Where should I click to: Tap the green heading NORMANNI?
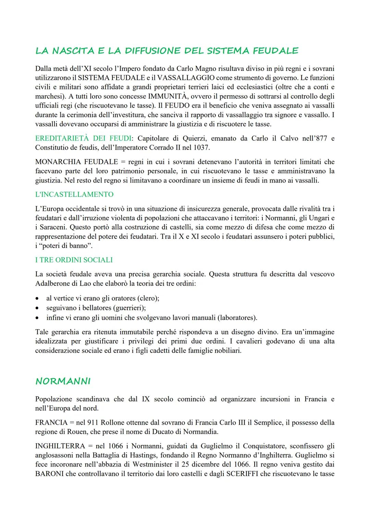pyautogui.click(x=63, y=382)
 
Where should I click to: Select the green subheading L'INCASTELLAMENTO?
pyautogui.click(x=74, y=194)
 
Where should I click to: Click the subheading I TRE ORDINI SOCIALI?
pyautogui.click(x=74, y=260)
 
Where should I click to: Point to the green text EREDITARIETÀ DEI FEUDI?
pyautogui.click(x=83, y=138)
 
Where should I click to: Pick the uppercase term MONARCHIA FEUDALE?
pyautogui.click(x=76, y=162)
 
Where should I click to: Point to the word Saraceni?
pyautogui.click(x=53, y=227)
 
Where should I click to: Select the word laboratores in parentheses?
pyautogui.click(x=237, y=317)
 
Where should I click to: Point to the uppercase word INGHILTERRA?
pyautogui.click(x=60, y=446)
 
